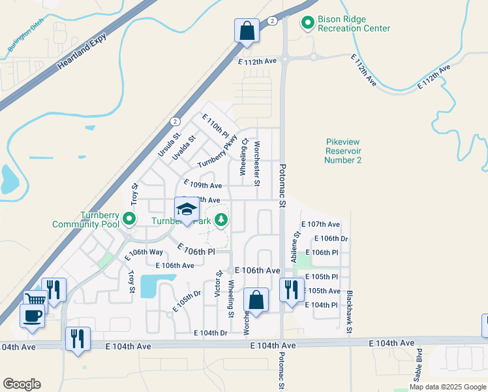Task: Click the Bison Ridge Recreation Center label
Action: [x=354, y=24]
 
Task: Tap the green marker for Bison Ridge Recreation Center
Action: [x=307, y=24]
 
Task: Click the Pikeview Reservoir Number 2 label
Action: [x=343, y=151]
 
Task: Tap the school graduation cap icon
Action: [x=187, y=210]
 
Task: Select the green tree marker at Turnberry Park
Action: [x=222, y=220]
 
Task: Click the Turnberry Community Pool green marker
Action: [x=129, y=219]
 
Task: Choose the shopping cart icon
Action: [x=36, y=300]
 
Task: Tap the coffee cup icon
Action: [x=31, y=316]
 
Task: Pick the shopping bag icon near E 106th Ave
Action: [x=256, y=301]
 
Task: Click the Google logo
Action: [x=22, y=384]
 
